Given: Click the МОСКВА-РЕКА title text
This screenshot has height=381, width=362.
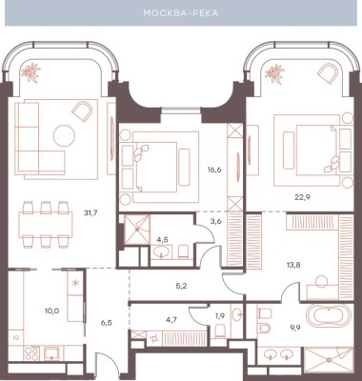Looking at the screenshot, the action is (x=181, y=13).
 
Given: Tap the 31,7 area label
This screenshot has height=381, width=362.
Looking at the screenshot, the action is (x=90, y=213).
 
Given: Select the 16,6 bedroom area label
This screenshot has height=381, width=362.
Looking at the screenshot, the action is (x=215, y=170).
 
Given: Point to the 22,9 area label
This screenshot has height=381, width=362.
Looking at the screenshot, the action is (x=302, y=197).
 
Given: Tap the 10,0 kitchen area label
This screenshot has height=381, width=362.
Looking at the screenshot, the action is (x=51, y=311).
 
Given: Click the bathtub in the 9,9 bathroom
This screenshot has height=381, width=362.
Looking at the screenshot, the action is (x=329, y=316).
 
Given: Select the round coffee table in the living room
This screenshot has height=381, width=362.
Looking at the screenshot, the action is (x=64, y=136).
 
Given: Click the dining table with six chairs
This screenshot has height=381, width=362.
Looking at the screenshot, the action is (x=46, y=224).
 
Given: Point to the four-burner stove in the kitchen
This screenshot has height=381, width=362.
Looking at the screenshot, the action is (x=31, y=352).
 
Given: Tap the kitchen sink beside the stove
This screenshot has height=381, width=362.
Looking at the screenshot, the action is (x=51, y=353).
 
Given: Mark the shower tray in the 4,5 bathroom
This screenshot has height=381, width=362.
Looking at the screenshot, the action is (x=137, y=230).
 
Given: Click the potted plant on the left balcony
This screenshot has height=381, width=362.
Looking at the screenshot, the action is (x=30, y=72).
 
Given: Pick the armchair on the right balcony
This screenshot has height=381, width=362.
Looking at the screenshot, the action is (x=327, y=74).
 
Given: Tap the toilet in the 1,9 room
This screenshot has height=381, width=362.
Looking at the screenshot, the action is (x=221, y=331).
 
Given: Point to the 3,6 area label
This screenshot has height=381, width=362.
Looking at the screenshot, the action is (x=215, y=221).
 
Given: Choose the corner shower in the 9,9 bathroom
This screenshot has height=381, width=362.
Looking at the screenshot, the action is (x=329, y=360).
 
